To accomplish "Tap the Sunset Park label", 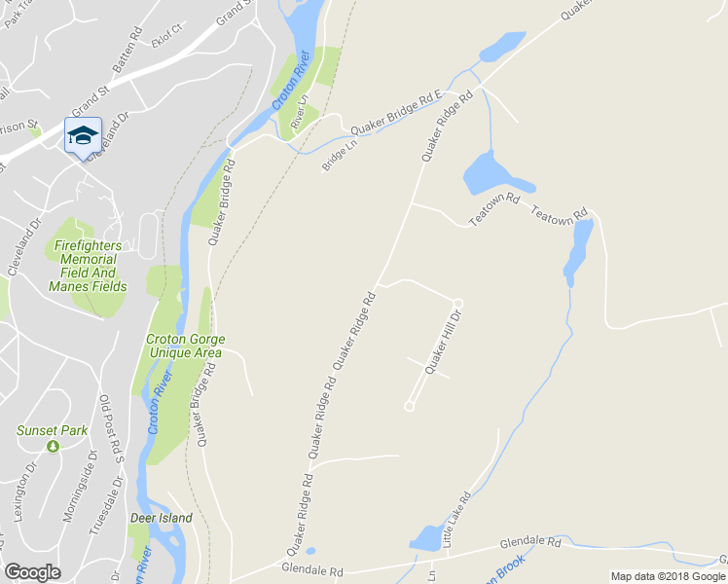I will [52, 430].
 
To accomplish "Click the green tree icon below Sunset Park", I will [53, 446].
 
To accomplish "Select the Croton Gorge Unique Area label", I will [185, 346].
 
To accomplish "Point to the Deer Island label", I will [162, 518].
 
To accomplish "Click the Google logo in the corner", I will [33, 572].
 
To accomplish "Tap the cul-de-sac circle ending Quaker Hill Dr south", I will [410, 407].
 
